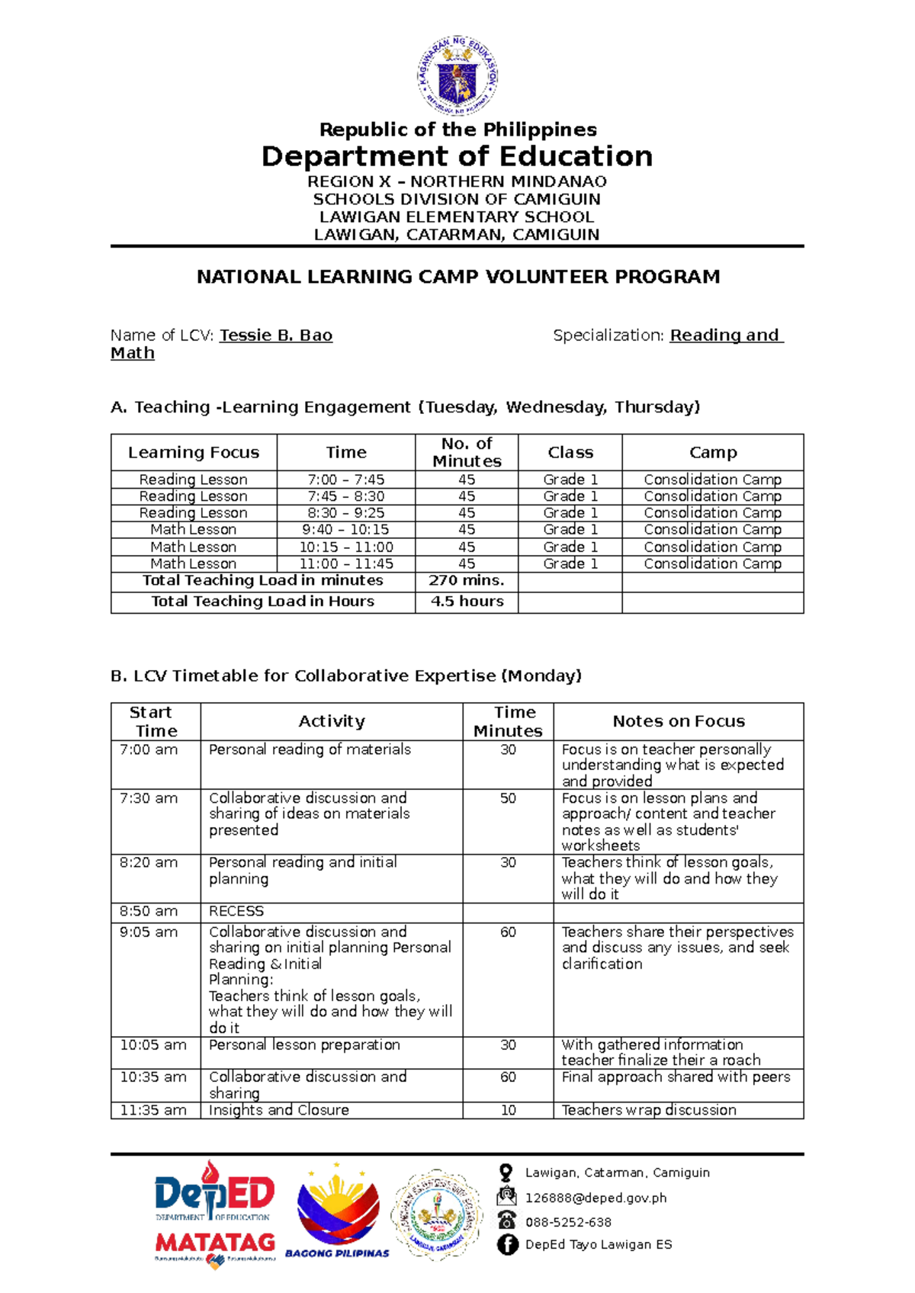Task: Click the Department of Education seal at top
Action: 457,75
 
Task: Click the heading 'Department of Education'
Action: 457,156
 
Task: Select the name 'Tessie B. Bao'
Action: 276,335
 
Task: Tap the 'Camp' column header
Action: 712,452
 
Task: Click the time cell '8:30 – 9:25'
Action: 345,512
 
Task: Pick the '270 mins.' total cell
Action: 466,580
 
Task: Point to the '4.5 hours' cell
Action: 466,601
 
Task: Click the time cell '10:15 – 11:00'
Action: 345,547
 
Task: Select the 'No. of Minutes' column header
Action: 466,452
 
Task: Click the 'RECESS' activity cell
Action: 236,911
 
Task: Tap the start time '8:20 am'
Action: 148,862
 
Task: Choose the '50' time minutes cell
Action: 508,798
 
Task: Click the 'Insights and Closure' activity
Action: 279,1110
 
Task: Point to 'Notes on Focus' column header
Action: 678,721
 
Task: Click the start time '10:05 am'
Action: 152,1044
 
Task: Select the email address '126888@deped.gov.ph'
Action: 596,1198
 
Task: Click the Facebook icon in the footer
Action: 507,1244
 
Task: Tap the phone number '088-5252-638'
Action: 568,1222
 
